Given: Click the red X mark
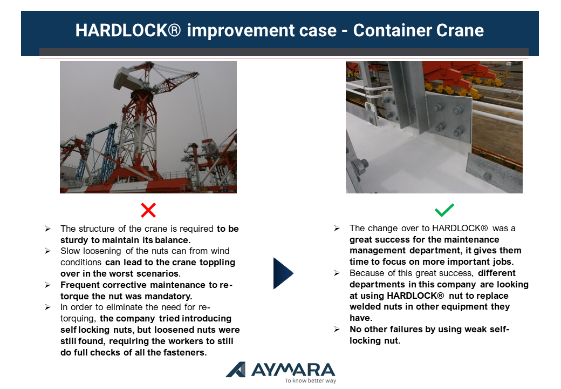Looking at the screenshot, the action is (x=148, y=210).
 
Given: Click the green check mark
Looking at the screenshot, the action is (x=444, y=210).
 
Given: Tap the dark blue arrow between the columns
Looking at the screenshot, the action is (x=283, y=273).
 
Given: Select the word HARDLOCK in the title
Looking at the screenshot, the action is (x=121, y=30).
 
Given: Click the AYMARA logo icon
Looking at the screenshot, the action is (x=236, y=370).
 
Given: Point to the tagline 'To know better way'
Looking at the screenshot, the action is (x=311, y=380).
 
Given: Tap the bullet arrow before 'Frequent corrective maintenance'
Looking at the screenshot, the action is (x=47, y=285).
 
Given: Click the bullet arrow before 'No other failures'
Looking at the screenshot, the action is (x=337, y=329).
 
